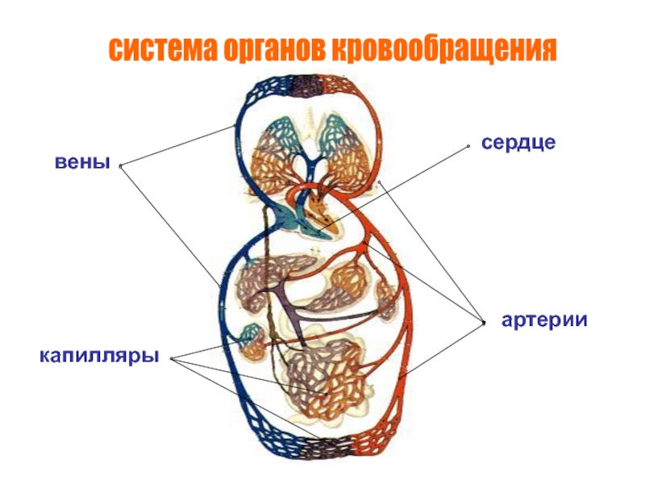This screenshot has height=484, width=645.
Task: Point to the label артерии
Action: (x=544, y=320)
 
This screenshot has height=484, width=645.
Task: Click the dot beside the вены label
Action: (x=119, y=166)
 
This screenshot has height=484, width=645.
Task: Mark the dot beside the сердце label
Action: (x=467, y=146)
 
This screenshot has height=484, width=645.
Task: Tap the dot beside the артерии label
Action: (x=482, y=323)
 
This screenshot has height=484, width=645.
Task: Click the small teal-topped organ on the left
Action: (x=252, y=339)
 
